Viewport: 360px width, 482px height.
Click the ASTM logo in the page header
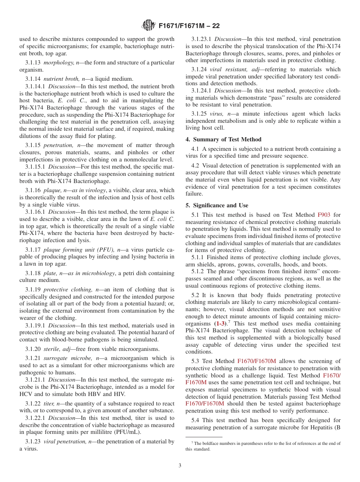click(148, 25)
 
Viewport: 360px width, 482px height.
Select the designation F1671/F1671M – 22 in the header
click(189, 26)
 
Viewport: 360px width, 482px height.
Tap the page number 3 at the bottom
click(180, 465)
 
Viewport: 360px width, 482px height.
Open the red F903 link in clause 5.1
click(324, 215)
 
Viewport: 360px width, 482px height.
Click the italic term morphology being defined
click(58, 63)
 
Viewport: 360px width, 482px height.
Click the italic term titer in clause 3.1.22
click(49, 404)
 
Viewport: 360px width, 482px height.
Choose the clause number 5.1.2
click(198, 272)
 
